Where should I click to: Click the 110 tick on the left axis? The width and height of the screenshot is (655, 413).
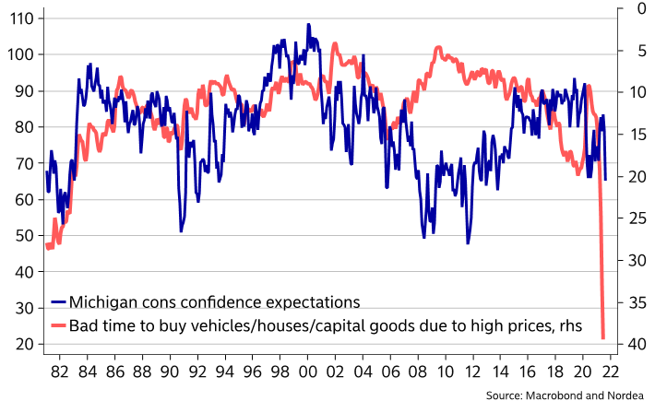click(21, 18)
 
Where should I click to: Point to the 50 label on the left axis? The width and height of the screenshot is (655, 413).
click(25, 236)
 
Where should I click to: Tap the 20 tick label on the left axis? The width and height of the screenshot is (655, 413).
click(25, 345)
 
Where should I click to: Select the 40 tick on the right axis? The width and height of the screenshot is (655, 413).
click(637, 344)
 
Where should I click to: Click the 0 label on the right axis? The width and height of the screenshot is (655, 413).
click(642, 8)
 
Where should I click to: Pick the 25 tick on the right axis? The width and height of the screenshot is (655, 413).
click(637, 218)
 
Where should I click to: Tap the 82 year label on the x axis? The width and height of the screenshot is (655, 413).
click(59, 372)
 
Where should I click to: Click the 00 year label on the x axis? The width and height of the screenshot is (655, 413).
click(307, 372)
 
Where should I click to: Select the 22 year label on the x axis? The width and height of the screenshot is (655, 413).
click(611, 372)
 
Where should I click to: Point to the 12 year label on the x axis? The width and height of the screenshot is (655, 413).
click(473, 372)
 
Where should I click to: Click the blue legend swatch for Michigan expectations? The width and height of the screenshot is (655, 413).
click(58, 301)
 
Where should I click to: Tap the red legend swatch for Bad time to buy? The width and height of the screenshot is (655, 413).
click(58, 324)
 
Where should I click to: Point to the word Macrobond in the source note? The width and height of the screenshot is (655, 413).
click(554, 395)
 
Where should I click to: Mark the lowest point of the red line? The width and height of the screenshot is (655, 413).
click(603, 337)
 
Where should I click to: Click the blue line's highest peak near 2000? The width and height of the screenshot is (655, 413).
click(309, 25)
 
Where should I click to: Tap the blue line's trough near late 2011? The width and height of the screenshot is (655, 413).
click(468, 242)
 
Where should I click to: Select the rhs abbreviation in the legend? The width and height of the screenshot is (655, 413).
click(571, 325)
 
